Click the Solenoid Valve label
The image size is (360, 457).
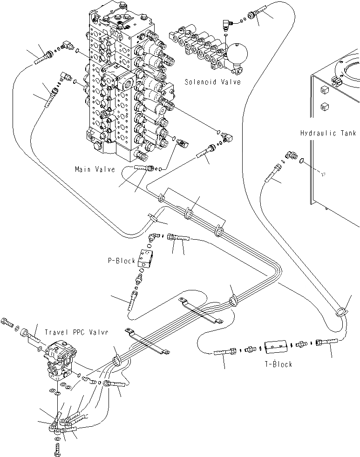(212, 82)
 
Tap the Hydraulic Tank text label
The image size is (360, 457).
(328, 133)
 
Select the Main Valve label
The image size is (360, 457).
(95, 169)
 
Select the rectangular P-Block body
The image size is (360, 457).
(149, 258)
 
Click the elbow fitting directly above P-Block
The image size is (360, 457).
(153, 238)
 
